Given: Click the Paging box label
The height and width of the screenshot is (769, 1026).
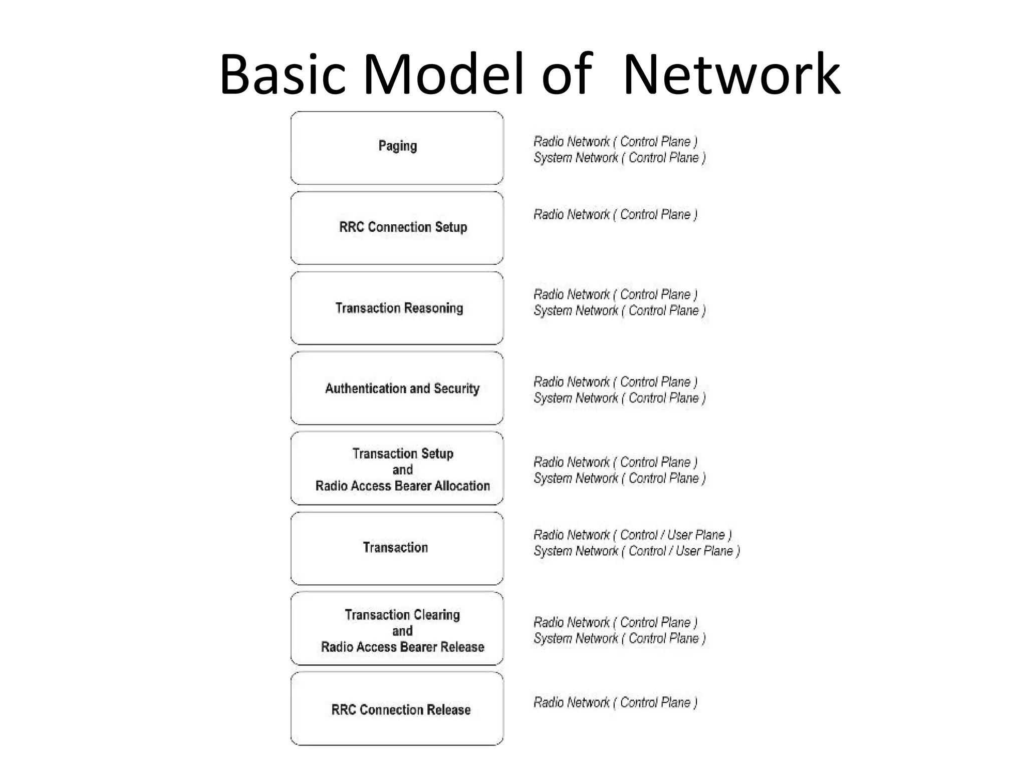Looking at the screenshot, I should (x=397, y=146).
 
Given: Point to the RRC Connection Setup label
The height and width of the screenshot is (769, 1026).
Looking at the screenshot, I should (x=403, y=227).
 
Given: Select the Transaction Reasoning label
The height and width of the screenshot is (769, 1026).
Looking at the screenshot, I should (x=399, y=308).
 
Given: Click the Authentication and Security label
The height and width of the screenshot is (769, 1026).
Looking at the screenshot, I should (x=402, y=389).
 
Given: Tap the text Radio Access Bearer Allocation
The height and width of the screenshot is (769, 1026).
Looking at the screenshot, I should (x=402, y=486).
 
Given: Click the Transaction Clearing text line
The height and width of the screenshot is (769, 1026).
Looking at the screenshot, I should (x=402, y=615).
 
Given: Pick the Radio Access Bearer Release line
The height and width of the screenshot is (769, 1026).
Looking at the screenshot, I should (x=402, y=647).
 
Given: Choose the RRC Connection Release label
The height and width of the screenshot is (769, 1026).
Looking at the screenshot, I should (x=401, y=710).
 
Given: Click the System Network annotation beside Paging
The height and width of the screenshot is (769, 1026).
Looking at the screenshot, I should (x=619, y=158).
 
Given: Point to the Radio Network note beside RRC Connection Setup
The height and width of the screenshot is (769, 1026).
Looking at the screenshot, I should (x=615, y=215).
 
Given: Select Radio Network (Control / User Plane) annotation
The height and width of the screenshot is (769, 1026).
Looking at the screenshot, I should (x=632, y=535).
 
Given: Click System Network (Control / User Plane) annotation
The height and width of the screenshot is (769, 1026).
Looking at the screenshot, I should (x=636, y=551).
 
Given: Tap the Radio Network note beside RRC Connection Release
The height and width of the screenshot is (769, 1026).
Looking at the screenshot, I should (x=615, y=703).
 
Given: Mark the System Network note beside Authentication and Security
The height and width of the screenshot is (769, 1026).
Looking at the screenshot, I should (x=619, y=399).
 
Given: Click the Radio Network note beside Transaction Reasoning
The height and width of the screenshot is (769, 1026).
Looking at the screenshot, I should (x=615, y=295).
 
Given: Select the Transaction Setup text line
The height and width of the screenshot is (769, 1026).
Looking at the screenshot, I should (x=402, y=454).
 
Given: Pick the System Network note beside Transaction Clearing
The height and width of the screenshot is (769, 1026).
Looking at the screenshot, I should (x=619, y=639).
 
